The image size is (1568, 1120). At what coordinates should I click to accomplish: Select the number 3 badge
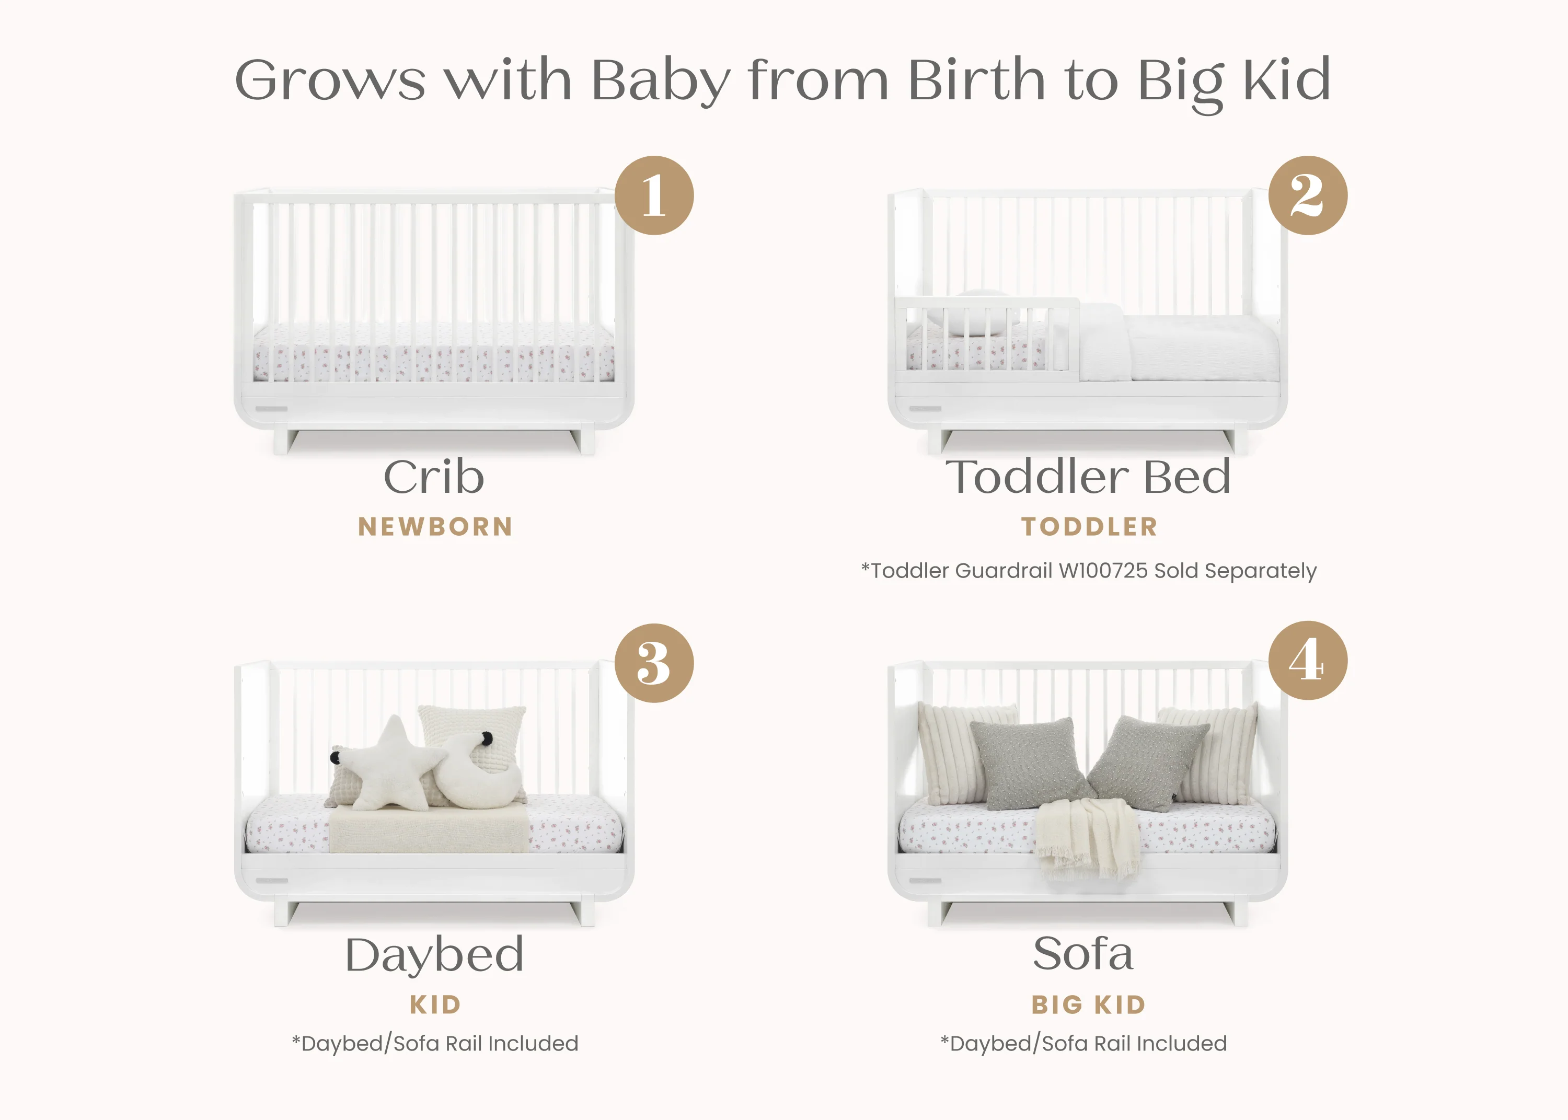pos(654,663)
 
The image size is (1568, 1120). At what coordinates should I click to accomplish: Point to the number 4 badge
pos(1307,661)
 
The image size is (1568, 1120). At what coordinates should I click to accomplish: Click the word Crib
pos(434,477)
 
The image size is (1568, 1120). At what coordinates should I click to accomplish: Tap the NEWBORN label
pos(435,527)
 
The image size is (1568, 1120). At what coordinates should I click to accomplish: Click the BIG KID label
pos(1088,1005)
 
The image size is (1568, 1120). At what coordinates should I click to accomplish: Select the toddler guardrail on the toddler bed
pos(986,338)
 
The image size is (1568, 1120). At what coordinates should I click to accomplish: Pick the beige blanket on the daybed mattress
pos(429,830)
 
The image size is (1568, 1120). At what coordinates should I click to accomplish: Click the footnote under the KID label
pos(435,1044)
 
